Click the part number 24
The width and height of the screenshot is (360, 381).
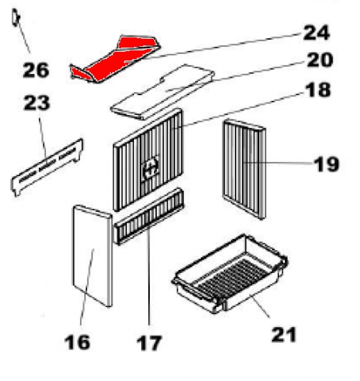click(317, 32)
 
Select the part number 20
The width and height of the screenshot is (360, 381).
click(320, 60)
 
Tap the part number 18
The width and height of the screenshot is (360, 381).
click(318, 89)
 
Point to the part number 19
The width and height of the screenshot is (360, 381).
click(326, 164)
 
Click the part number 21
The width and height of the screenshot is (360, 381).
click(284, 335)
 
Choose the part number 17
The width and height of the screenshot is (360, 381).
click(149, 343)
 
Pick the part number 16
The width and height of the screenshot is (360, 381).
click(77, 342)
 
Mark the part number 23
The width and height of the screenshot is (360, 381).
click(37, 103)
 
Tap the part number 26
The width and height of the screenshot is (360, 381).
click(36, 71)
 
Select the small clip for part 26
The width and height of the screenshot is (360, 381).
click(16, 17)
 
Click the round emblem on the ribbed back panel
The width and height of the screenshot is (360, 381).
click(151, 167)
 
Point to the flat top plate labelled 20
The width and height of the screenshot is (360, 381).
click(163, 92)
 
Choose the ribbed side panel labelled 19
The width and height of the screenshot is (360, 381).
click(244, 169)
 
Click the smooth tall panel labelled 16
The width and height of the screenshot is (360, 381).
click(92, 256)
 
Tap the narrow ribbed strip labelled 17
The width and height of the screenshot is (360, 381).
click(149, 216)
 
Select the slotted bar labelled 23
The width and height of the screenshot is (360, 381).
click(47, 168)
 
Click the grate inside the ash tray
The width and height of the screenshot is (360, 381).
click(232, 276)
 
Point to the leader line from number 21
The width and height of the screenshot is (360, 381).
click(260, 305)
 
